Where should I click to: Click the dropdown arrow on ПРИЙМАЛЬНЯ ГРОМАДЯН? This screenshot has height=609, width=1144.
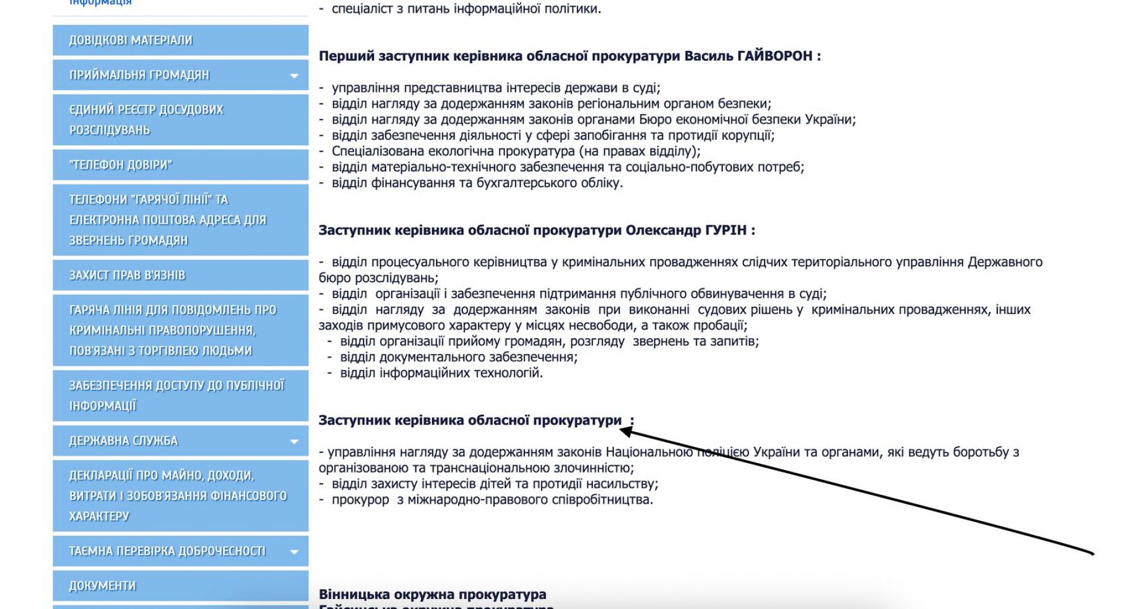click(x=294, y=76)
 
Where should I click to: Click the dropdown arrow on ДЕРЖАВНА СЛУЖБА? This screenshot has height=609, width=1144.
click(x=294, y=442)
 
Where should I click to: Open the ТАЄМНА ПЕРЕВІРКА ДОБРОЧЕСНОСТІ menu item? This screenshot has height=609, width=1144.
click(x=167, y=551)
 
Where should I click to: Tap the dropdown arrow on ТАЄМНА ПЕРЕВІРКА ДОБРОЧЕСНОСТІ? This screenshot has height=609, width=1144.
click(x=294, y=552)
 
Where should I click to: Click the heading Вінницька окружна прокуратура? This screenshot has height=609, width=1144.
click(x=433, y=594)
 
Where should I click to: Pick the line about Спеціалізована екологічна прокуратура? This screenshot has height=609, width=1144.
click(x=516, y=151)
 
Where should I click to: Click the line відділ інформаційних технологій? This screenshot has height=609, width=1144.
click(x=442, y=373)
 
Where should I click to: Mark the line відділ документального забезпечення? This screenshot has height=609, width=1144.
click(x=459, y=357)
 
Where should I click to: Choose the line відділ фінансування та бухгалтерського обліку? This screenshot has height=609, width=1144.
click(x=477, y=183)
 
